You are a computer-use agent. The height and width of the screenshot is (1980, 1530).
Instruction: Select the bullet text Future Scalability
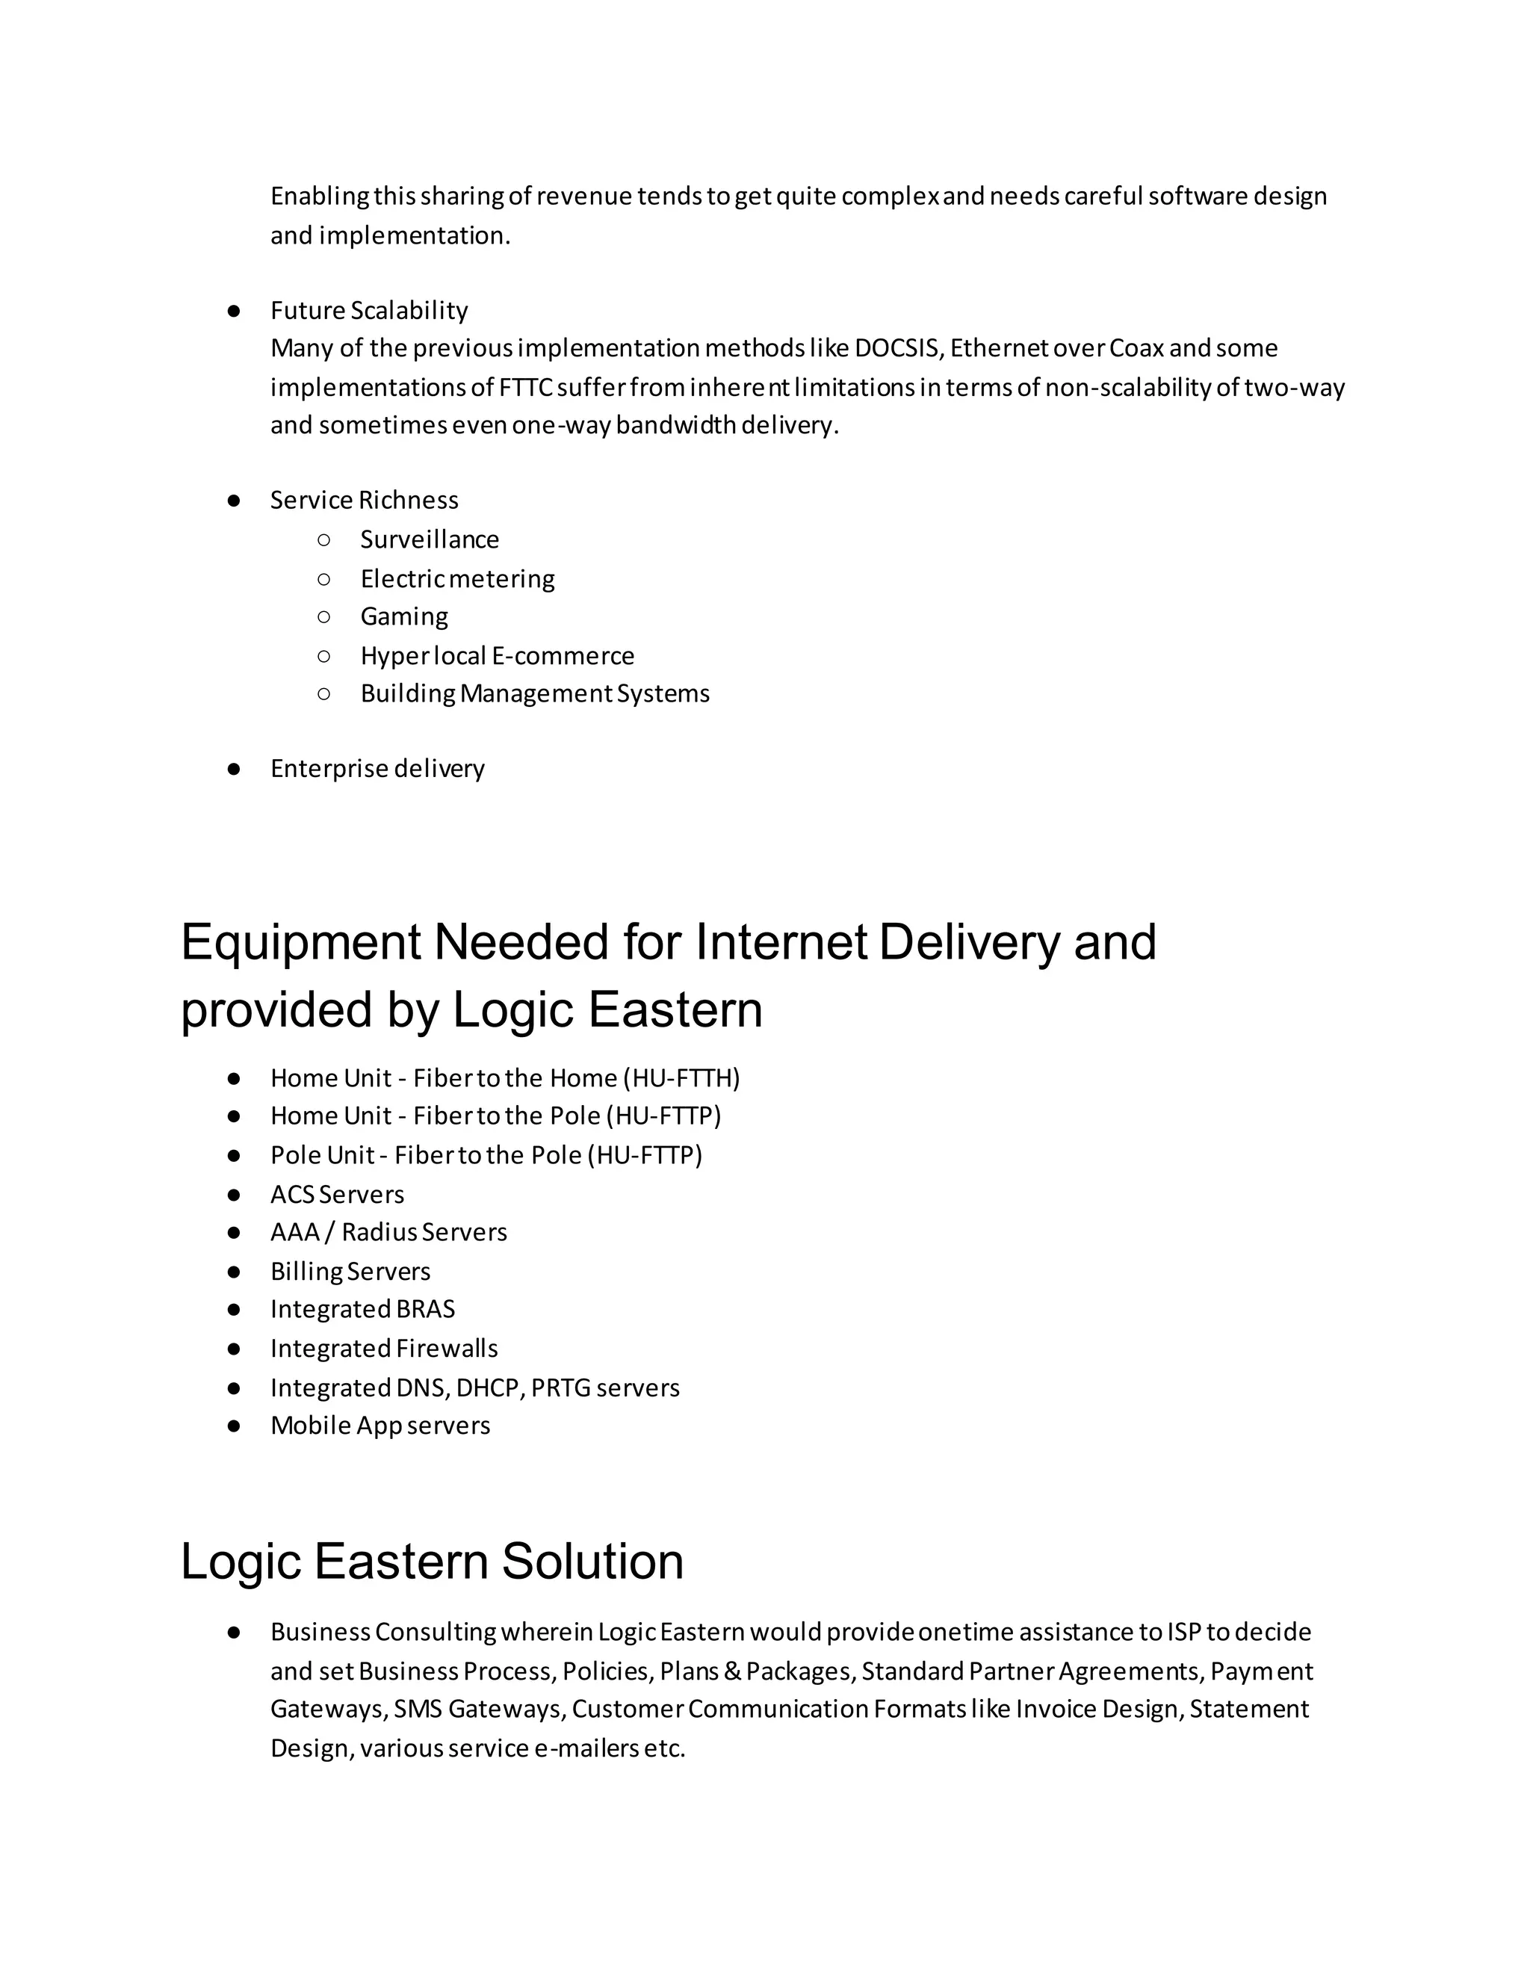coord(369,310)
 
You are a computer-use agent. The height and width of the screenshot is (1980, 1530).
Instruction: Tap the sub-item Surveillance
coord(430,539)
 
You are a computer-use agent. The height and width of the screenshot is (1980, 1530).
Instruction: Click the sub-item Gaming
coord(404,616)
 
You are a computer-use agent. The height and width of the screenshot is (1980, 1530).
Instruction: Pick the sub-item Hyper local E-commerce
coord(497,655)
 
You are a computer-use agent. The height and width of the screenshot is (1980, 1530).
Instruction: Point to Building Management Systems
coord(535,693)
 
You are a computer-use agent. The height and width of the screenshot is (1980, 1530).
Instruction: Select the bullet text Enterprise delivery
coord(377,769)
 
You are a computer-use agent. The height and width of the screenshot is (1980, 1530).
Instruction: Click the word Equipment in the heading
coord(300,942)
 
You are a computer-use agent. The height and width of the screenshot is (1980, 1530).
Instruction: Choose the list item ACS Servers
coord(337,1195)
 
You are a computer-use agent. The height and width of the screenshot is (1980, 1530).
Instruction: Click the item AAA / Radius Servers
coord(388,1232)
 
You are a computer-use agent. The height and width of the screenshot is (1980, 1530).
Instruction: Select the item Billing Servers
coord(350,1271)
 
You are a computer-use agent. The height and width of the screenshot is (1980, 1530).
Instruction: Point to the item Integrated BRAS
coord(362,1309)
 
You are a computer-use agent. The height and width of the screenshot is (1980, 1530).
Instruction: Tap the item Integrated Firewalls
coord(383,1349)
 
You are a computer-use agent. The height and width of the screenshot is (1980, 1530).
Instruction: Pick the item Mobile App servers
coord(380,1426)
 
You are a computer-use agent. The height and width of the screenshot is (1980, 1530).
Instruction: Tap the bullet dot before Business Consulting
coord(234,1632)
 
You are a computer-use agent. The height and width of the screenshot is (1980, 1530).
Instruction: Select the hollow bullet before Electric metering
coord(324,578)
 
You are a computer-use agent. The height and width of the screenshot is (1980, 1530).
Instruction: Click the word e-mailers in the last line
coord(586,1749)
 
